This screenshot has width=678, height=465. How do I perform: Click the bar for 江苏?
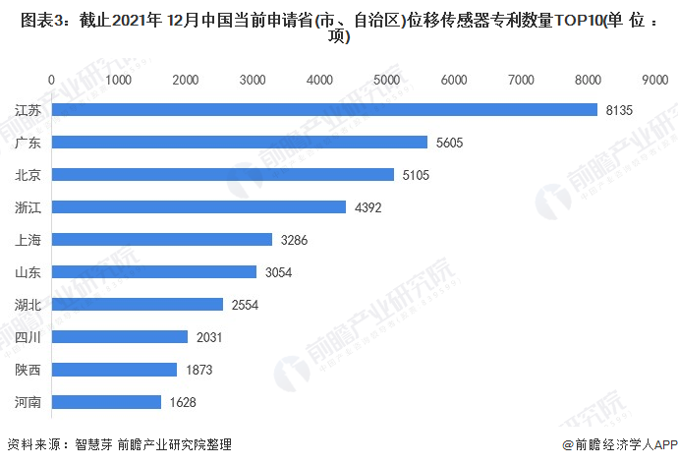coord(324,110)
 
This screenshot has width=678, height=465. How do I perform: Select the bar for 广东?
coord(239,143)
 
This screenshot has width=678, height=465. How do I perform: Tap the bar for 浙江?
coord(198,207)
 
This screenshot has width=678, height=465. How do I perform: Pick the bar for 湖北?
coord(137,305)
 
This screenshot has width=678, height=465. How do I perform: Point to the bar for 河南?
coord(106,402)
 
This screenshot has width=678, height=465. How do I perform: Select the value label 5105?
coord(416,175)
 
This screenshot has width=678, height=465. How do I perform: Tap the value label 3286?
coord(294,240)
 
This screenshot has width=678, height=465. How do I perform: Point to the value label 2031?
coord(209,337)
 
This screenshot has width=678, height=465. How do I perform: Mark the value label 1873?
coord(198,370)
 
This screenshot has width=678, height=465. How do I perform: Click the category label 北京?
coord(28,175)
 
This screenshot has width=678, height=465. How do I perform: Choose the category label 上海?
coord(28,240)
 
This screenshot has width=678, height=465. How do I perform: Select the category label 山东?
coord(28,272)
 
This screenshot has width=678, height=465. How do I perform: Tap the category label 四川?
coord(28,337)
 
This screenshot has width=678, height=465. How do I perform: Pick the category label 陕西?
coord(28,370)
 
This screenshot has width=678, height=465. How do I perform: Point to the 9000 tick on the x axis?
coord(654,79)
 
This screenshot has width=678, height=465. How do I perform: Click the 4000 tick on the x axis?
coord(319,79)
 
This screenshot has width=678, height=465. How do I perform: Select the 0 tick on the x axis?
coord(51,79)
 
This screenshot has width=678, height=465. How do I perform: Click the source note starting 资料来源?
coord(119,445)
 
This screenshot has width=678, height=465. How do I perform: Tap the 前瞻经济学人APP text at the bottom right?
coord(622,445)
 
